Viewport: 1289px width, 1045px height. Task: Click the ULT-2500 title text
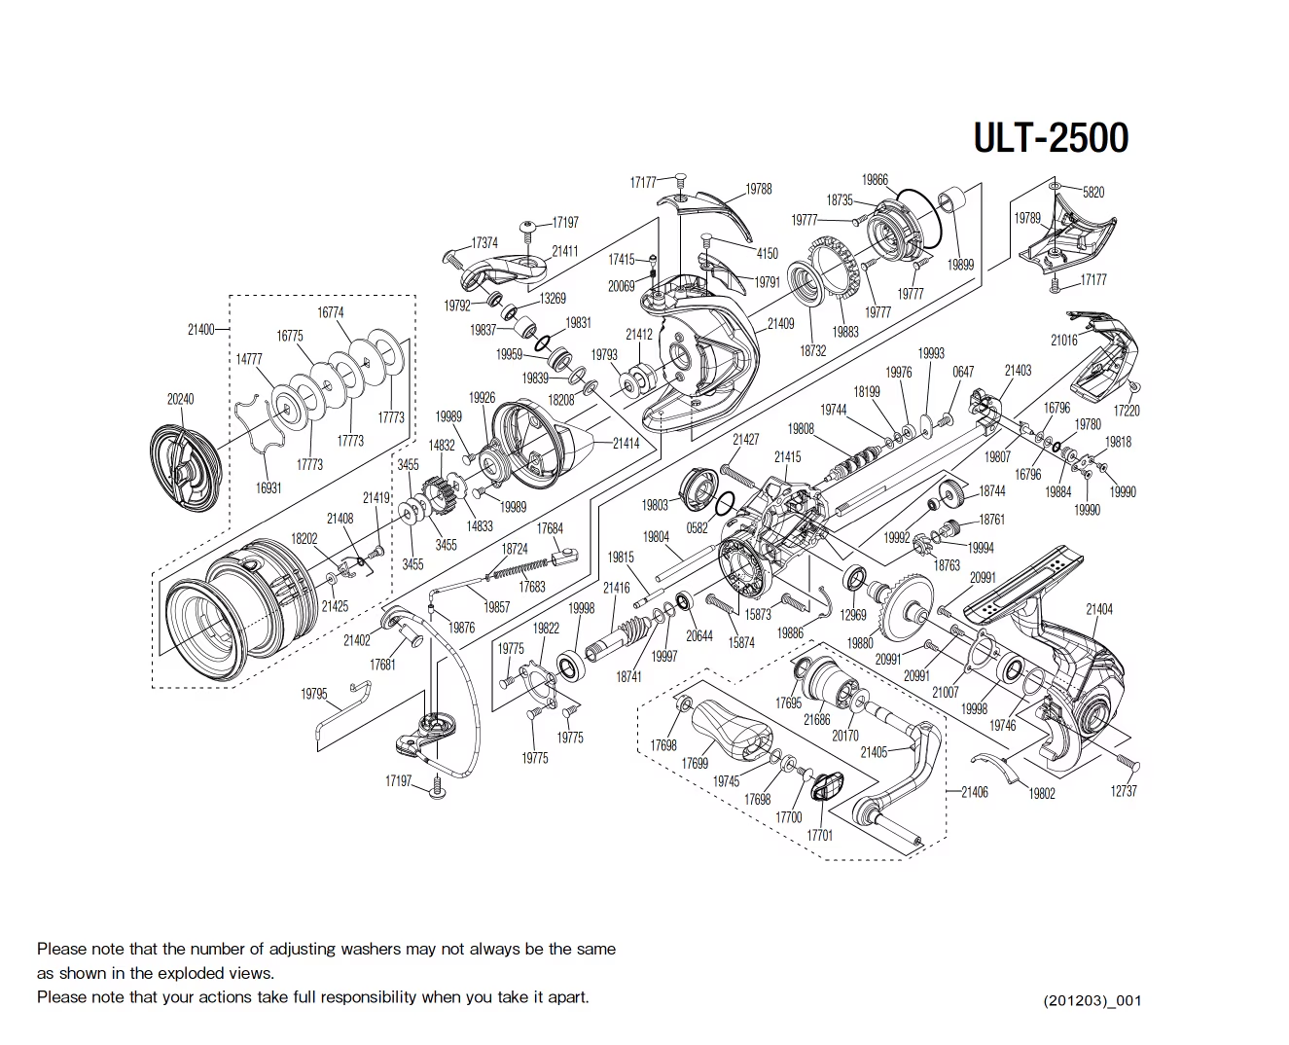click(1051, 138)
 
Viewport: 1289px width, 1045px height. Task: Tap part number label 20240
click(180, 399)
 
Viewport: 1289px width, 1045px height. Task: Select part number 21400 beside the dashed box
click(200, 330)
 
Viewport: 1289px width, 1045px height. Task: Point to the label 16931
click(269, 488)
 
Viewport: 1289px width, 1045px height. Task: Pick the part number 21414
click(626, 444)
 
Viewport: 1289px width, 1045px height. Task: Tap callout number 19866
click(875, 180)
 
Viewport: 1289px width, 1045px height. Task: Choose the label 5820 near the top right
click(1093, 193)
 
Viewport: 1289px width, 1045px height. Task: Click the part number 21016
click(1063, 341)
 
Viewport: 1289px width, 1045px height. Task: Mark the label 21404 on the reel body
click(1099, 609)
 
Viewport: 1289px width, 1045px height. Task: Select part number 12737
click(1124, 791)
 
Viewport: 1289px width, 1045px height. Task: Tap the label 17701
click(820, 835)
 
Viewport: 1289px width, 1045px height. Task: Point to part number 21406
click(975, 792)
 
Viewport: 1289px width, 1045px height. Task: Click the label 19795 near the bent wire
click(313, 695)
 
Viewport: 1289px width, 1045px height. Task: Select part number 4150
click(767, 254)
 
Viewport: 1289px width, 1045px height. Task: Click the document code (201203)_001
click(1092, 1000)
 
